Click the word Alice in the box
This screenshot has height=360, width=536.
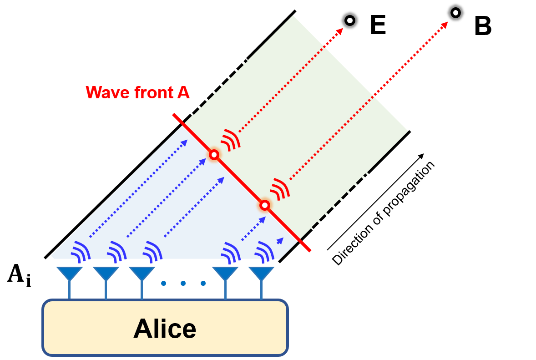click(165, 329)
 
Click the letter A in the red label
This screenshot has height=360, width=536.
click(183, 92)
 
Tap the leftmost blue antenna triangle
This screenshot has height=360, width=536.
click(70, 273)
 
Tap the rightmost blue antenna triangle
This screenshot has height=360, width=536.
click(261, 273)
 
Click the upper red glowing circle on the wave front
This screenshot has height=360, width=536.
click(214, 155)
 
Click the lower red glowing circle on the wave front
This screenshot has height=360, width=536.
click(264, 205)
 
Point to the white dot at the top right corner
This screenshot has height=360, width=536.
click(455, 13)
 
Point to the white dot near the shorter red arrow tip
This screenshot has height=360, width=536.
click(350, 20)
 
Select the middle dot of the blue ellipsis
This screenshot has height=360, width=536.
click(183, 283)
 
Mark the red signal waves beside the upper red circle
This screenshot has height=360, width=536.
click(231, 140)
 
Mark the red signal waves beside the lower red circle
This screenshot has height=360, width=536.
click(280, 189)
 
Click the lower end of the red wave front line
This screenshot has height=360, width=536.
click(309, 250)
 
